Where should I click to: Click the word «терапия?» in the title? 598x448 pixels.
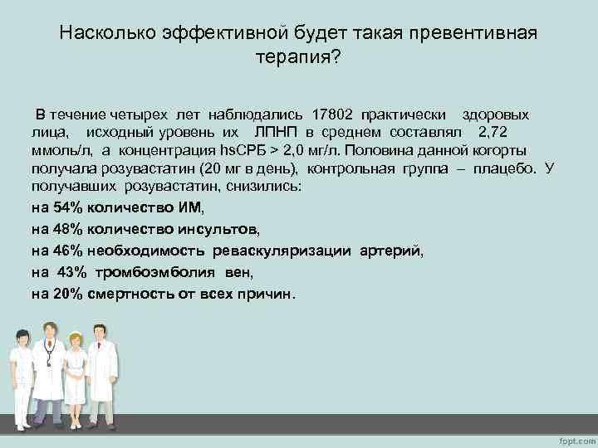pyautogui.click(x=299, y=61)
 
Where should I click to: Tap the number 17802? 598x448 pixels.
pyautogui.click(x=336, y=114)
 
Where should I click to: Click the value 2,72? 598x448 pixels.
pyautogui.click(x=488, y=133)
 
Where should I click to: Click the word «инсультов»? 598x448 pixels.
pyautogui.click(x=213, y=228)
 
